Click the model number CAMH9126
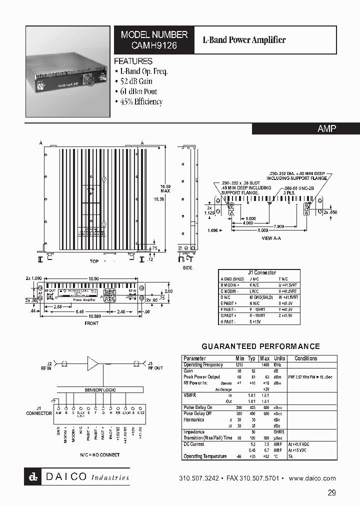154,45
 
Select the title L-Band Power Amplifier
243,40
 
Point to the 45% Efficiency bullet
138,101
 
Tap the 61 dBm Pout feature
135,91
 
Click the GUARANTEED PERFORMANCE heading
260,346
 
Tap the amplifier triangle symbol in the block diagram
93,363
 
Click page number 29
332,493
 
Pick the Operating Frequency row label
203,365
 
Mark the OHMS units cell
279,432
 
